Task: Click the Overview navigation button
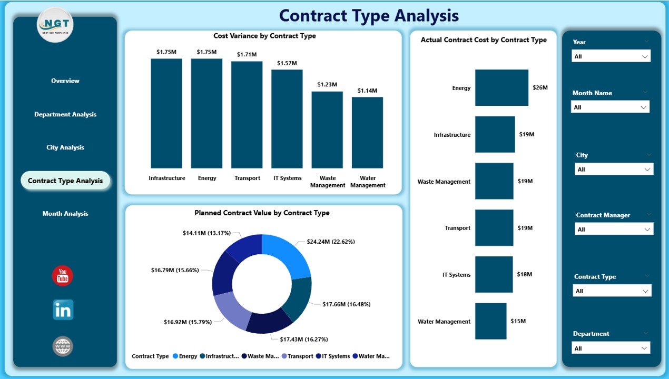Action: (65, 81)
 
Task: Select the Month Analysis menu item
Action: (65, 214)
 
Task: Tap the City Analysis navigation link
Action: (65, 147)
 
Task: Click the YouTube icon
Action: (63, 276)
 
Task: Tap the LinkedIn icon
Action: (63, 310)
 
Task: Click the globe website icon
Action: (63, 346)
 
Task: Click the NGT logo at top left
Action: (55, 25)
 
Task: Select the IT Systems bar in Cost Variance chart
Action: (287, 118)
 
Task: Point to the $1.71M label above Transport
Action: (247, 54)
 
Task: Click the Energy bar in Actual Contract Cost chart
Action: (501, 88)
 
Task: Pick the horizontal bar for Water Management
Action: (490, 321)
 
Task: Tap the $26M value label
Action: (540, 88)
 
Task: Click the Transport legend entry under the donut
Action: (298, 356)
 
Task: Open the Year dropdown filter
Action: (611, 56)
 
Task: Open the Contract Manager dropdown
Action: (614, 230)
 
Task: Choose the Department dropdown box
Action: (611, 348)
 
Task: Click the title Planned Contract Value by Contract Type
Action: (262, 213)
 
